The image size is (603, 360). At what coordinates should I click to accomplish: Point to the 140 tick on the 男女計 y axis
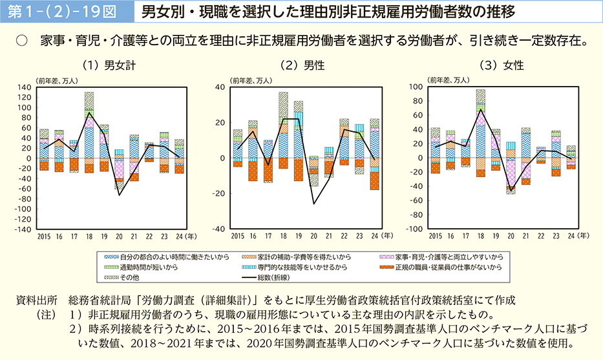[x=24, y=87]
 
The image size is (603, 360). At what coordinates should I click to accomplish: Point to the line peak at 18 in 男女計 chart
[x=89, y=114]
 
